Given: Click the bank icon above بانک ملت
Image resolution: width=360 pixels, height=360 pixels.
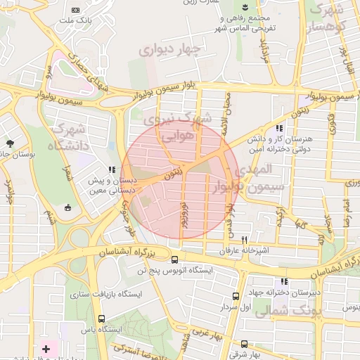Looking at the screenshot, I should click(x=76, y=10).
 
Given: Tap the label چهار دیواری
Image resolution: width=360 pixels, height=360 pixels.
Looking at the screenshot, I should click(x=170, y=50).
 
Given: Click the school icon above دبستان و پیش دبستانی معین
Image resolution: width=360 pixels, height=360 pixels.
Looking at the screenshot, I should click(x=111, y=169).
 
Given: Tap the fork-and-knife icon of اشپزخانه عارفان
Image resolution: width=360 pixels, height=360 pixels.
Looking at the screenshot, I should click(x=244, y=239).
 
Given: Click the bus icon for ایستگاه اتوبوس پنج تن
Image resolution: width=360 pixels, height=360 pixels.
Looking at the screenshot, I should click(x=174, y=259).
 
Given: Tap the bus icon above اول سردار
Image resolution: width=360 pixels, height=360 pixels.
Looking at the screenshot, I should click(x=235, y=296).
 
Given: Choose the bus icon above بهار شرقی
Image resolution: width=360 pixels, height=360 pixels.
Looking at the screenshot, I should click(x=243, y=344).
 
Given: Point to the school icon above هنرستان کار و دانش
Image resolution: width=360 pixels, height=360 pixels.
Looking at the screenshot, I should click(x=279, y=129).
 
